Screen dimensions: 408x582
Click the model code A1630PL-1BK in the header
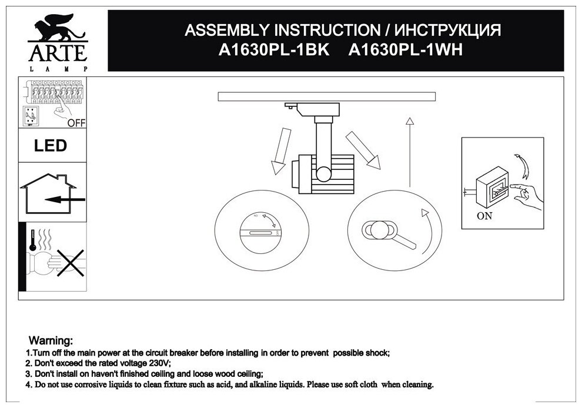point(271,51)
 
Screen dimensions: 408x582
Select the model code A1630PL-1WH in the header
point(406,51)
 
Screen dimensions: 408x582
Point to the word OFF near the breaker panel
point(75,122)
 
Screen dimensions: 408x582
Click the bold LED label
point(51,145)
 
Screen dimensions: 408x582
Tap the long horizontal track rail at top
point(326,96)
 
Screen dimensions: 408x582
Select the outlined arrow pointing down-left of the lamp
point(279,150)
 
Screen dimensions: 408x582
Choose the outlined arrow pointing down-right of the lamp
point(363,148)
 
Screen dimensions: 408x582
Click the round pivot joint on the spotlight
point(324,173)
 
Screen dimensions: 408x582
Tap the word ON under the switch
point(484,215)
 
